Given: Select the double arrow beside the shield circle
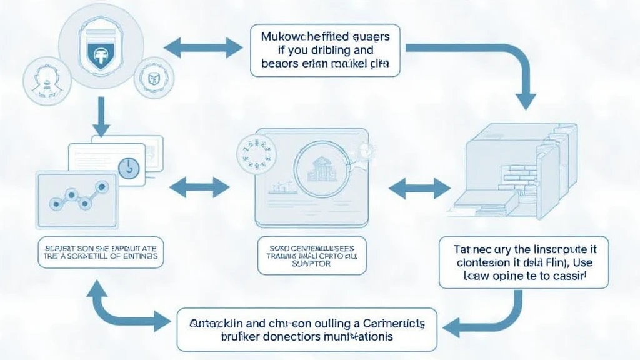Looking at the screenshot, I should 202,46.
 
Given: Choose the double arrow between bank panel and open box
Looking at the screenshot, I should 420,186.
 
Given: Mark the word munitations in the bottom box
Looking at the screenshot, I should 359,336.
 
